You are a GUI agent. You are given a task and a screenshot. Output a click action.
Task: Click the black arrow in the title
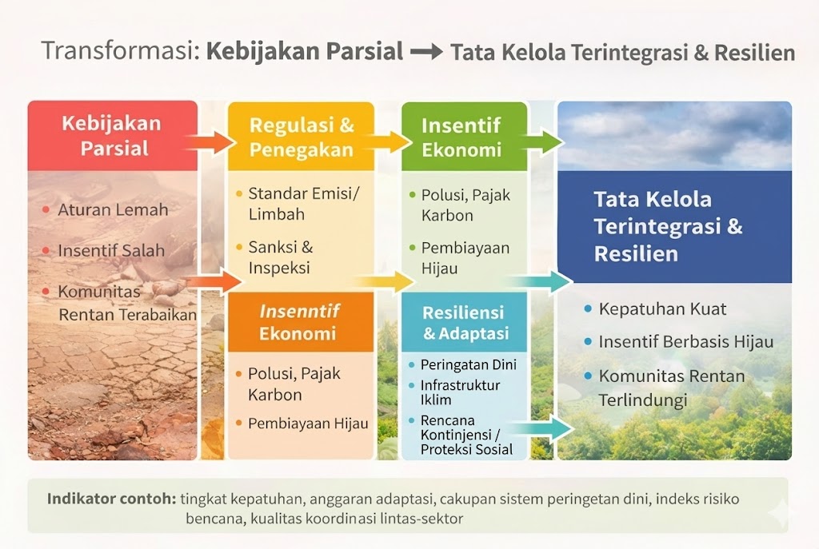pos(427,52)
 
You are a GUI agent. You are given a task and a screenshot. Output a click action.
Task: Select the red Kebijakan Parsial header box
pos(113,136)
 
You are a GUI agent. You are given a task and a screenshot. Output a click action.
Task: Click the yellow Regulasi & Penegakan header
pos(302,137)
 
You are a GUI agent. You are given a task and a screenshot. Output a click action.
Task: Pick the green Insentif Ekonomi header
pos(465,137)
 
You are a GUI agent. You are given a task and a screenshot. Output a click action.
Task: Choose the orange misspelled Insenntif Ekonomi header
pos(301,322)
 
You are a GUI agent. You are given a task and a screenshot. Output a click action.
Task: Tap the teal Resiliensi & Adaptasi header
pos(465,322)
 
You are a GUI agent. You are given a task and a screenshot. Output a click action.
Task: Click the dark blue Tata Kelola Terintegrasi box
pos(675,226)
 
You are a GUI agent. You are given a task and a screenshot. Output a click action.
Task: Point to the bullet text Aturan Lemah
pos(113,210)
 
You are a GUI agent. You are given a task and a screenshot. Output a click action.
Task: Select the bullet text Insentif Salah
pos(111,250)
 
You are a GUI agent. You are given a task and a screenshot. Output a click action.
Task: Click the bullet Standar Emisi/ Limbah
pos(303,204)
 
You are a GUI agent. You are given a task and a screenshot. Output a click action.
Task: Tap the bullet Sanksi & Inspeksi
pos(281,257)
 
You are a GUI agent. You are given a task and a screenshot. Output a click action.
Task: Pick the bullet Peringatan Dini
pos(469,364)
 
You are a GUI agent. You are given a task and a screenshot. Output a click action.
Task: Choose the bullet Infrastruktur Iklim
pos(460,392)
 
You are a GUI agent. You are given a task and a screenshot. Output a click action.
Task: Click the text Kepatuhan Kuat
pos(662,309)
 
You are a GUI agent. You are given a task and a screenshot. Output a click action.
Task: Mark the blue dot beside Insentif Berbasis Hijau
pos(588,342)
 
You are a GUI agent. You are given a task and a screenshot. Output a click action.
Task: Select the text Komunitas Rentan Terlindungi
pos(672,388)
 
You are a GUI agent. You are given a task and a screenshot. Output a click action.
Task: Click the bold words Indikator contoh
pos(112,499)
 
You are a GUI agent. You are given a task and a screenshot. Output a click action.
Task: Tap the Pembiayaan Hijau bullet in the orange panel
pos(308,424)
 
